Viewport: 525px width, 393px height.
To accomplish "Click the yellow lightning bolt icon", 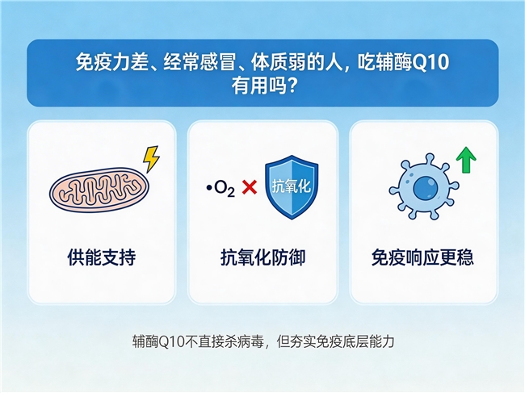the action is [151, 159].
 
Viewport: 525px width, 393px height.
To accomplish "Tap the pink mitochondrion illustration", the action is [99, 190].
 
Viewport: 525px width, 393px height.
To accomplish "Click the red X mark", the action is [249, 187].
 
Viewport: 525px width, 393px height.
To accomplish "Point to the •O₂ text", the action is [220, 188].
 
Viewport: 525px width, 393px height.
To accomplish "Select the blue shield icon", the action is [292, 187].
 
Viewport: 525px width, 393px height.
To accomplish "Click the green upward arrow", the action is [466, 161].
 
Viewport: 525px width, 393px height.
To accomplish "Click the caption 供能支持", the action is [102, 257].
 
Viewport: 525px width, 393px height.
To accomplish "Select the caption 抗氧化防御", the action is [262, 257].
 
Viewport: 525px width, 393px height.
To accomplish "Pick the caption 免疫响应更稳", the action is [422, 257].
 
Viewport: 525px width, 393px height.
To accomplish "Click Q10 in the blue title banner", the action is [430, 63].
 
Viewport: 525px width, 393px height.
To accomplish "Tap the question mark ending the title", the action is [292, 86].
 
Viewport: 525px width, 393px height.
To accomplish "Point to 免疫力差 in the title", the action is [111, 62].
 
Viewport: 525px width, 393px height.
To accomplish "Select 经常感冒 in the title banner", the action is [199, 62].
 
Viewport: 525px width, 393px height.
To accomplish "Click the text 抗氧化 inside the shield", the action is [292, 186].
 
